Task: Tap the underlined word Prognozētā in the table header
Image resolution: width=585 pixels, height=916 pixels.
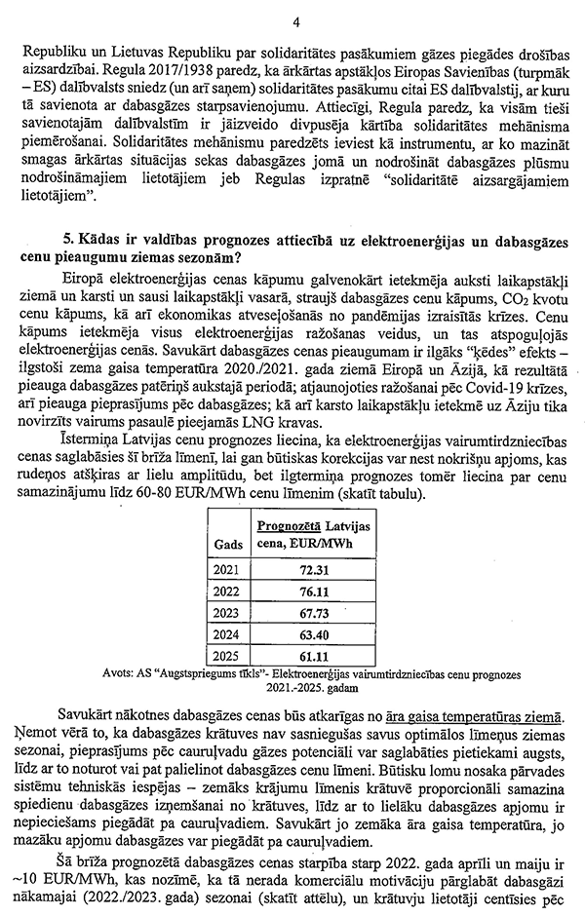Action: click(x=288, y=527)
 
